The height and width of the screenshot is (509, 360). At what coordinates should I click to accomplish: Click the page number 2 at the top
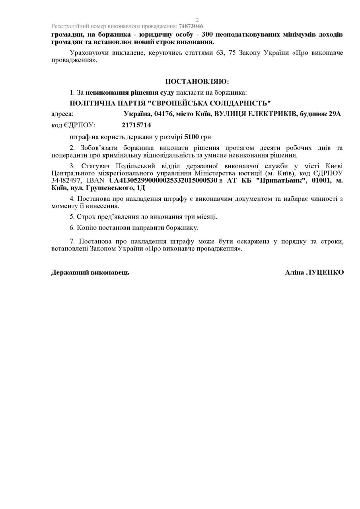[197, 20]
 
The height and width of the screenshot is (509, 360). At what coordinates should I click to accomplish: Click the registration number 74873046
[191, 26]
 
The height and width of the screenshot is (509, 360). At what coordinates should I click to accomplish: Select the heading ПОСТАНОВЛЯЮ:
[197, 82]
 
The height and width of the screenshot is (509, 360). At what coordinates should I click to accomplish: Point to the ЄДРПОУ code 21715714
[136, 125]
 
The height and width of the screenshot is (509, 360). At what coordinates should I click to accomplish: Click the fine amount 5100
[192, 137]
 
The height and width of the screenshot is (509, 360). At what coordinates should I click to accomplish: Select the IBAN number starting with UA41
[163, 181]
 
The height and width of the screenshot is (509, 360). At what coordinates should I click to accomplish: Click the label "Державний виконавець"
[90, 272]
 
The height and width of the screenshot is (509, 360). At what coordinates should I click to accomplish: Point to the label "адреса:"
[62, 114]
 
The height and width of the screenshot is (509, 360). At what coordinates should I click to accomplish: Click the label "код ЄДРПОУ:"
[73, 125]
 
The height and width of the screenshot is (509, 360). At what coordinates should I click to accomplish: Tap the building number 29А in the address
[335, 114]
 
